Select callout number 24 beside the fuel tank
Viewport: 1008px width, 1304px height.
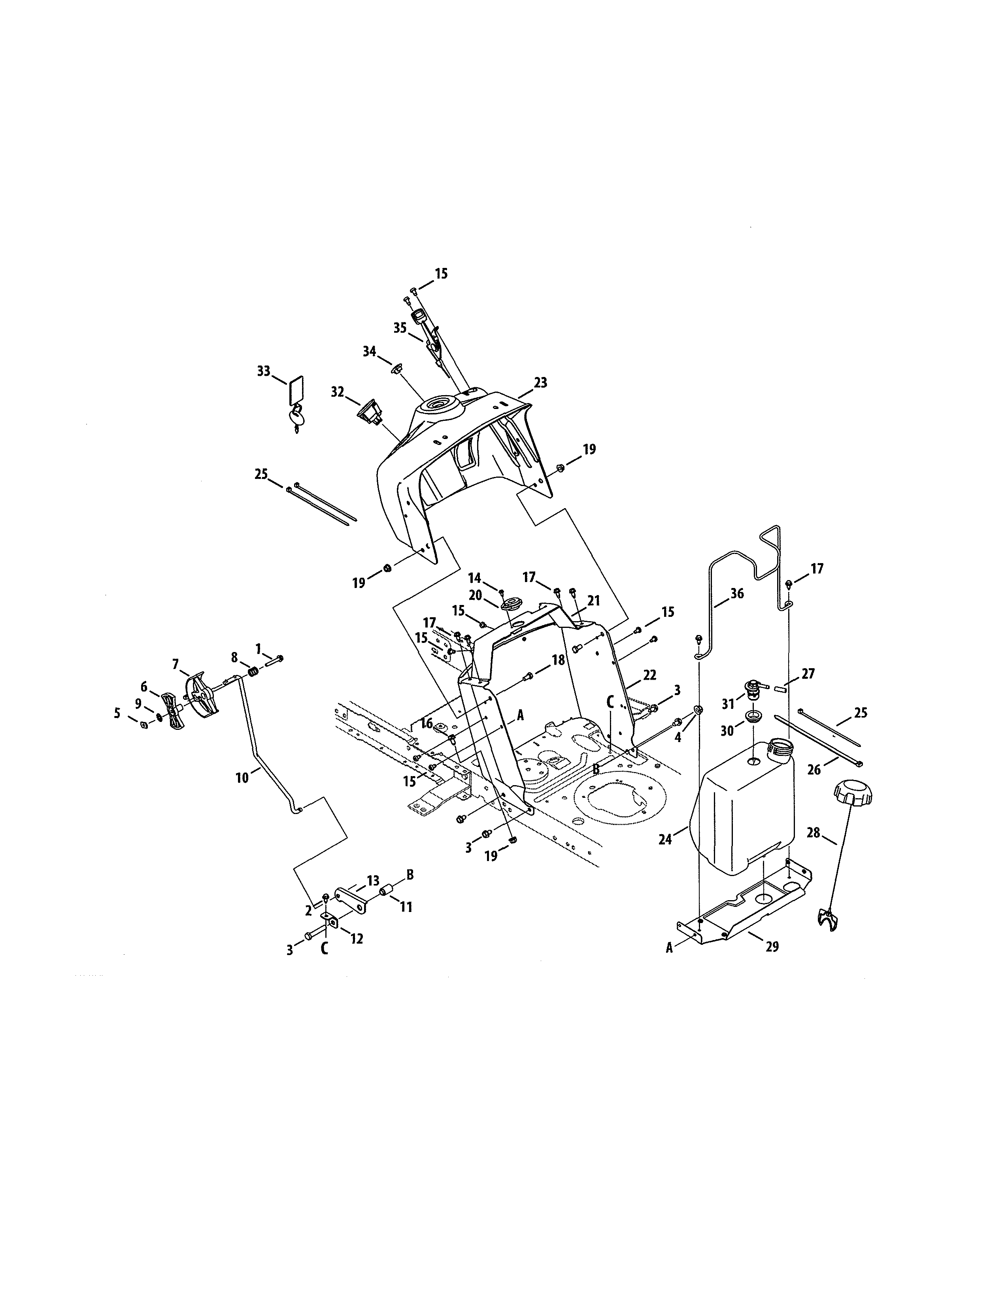point(664,839)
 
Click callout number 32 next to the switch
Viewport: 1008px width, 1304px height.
point(338,392)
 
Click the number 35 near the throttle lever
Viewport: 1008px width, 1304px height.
point(400,328)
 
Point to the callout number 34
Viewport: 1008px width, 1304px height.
point(370,351)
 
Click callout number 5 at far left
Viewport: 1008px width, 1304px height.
point(117,712)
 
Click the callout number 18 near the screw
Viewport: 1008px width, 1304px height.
point(558,660)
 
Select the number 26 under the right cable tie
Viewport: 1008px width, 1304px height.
point(814,770)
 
